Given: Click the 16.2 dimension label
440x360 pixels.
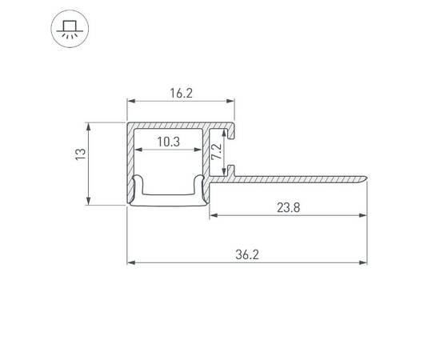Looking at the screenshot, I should tap(181, 93).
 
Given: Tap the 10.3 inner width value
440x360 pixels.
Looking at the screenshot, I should tap(167, 142).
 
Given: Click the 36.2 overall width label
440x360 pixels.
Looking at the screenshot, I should tap(248, 254).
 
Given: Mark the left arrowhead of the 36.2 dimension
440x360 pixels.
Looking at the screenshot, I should tap(131, 262).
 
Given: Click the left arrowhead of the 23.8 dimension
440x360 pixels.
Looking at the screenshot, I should tap(214, 215).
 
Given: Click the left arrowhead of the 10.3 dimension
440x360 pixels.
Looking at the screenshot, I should tap(137, 150).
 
